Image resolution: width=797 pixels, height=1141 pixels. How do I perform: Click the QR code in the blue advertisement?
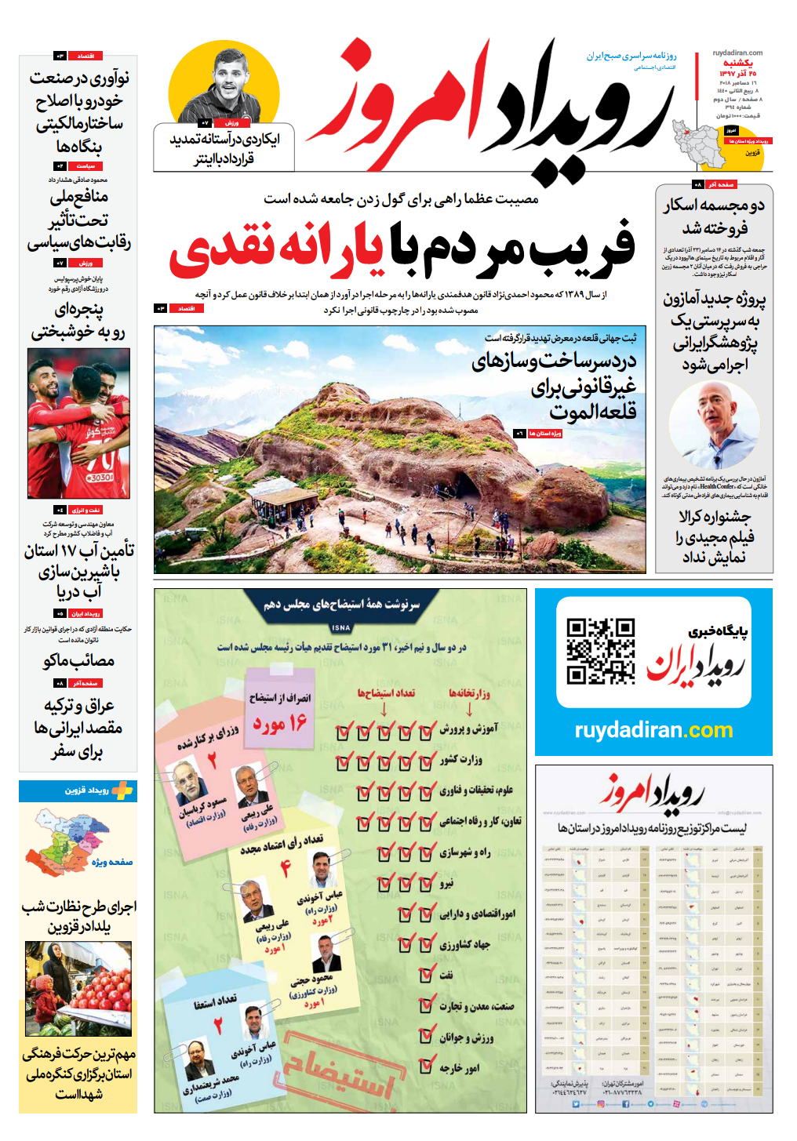coord(600,652)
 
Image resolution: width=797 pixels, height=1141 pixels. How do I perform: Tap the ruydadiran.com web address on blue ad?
coord(653,731)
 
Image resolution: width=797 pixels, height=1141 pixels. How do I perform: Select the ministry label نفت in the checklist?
coord(446,975)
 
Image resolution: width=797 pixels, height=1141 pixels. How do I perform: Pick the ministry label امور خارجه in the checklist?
coord(460,1068)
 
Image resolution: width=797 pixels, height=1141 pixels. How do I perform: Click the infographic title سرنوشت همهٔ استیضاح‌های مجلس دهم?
coord(341,605)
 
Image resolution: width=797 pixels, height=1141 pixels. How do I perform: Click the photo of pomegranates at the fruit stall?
coord(78,989)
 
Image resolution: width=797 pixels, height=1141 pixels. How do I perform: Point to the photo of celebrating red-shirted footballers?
coord(78,423)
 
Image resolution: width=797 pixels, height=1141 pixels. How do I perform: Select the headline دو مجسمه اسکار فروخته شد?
coord(715,217)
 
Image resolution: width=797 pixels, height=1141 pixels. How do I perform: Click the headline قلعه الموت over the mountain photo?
coord(592,411)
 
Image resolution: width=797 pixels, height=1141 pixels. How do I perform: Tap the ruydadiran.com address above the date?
coord(737,53)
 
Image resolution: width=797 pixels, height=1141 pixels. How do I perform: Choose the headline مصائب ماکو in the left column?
coord(78,661)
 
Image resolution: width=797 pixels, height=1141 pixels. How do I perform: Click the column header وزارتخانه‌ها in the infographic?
coord(468,692)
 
